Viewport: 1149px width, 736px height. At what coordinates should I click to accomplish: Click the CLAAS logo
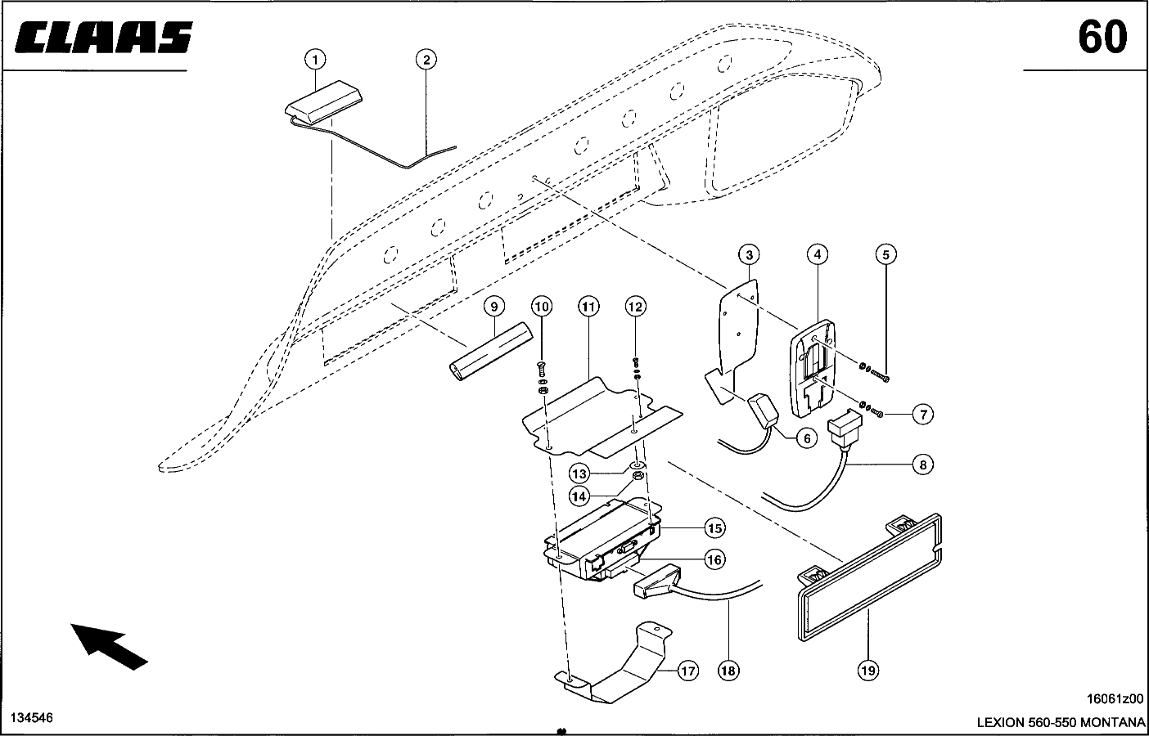click(x=104, y=37)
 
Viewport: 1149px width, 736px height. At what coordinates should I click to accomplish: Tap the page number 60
click(x=1102, y=38)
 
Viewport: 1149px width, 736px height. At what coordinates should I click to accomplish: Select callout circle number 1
click(x=315, y=60)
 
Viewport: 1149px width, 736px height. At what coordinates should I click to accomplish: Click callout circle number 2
click(x=426, y=60)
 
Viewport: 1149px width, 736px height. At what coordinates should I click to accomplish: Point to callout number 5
click(x=885, y=254)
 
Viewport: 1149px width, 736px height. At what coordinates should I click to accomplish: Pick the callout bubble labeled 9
click(x=494, y=307)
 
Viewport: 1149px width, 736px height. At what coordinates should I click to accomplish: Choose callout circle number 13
click(x=579, y=474)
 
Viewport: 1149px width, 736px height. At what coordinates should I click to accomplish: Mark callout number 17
click(x=688, y=671)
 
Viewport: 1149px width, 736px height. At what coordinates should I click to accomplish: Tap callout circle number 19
click(x=868, y=671)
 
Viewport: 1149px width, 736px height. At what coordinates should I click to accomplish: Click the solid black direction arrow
click(x=108, y=646)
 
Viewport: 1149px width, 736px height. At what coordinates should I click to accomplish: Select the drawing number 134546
click(x=32, y=717)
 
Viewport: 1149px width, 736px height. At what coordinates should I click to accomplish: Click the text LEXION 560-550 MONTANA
click(x=1061, y=723)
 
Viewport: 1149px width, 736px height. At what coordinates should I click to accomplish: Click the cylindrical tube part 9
click(x=491, y=351)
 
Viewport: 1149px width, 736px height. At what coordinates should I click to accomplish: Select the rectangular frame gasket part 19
click(x=870, y=577)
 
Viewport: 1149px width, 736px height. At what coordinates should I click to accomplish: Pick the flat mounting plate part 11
click(x=602, y=416)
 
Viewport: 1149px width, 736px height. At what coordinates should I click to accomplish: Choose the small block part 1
click(x=324, y=101)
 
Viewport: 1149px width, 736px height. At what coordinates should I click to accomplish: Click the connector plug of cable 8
click(x=845, y=429)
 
